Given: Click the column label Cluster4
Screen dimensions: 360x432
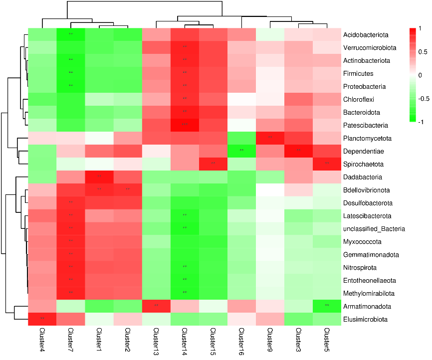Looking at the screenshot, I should [x=41, y=340].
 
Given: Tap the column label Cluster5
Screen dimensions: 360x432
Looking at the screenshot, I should [x=327, y=340].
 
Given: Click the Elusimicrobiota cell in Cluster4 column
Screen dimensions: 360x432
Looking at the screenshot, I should [x=41, y=319].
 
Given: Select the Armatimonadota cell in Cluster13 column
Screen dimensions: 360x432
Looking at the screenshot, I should [x=156, y=306].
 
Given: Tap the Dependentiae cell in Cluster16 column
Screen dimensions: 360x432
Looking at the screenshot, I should [x=242, y=151].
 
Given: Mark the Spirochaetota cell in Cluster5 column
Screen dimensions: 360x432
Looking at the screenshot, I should [x=327, y=164].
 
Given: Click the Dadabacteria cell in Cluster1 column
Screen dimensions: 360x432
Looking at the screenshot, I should [x=99, y=177].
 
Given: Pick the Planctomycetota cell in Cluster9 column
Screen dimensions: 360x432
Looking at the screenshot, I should [x=270, y=138].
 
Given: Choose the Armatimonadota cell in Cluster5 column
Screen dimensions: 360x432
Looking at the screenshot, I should [x=327, y=306].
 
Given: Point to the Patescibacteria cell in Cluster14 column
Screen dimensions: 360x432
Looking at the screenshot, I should [x=185, y=125].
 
